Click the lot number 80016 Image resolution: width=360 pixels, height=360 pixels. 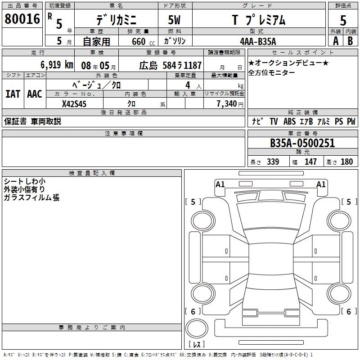click(x=22, y=19)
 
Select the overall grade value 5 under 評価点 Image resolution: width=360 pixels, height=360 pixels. click(x=343, y=20)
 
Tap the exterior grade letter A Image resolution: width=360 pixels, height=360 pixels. click(x=336, y=41)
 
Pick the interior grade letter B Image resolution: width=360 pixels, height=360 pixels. click(x=350, y=41)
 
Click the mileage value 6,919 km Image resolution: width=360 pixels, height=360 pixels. click(x=57, y=65)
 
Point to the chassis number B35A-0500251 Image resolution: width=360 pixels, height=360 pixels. click(x=302, y=143)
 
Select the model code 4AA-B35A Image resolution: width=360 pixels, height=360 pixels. click(x=258, y=41)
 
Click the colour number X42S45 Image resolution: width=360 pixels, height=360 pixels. click(x=74, y=104)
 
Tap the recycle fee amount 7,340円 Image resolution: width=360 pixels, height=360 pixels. click(x=230, y=104)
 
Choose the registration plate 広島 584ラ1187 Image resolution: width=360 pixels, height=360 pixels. click(x=171, y=65)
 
